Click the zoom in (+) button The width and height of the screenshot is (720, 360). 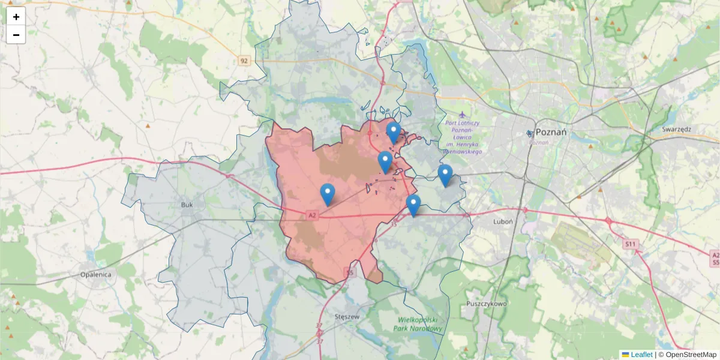pos(16,17)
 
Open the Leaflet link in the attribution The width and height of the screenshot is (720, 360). pos(641,355)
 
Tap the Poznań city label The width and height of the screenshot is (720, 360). pos(551,132)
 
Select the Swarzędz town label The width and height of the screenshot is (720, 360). pos(677,129)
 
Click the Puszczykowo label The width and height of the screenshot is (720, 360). pos(486,304)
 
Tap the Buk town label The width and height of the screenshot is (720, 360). pos(187,205)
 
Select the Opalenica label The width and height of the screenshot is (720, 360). pos(96,274)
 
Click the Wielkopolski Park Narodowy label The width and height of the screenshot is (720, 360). pos(420,324)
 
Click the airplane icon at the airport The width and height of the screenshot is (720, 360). pos(462,113)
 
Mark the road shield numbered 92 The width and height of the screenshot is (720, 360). pos(244,61)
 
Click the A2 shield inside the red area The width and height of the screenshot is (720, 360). pos(311,214)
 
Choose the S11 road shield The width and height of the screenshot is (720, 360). pos(629,244)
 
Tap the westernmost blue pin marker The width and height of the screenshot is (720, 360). pos(327,194)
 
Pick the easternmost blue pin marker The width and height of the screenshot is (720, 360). pos(445,175)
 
